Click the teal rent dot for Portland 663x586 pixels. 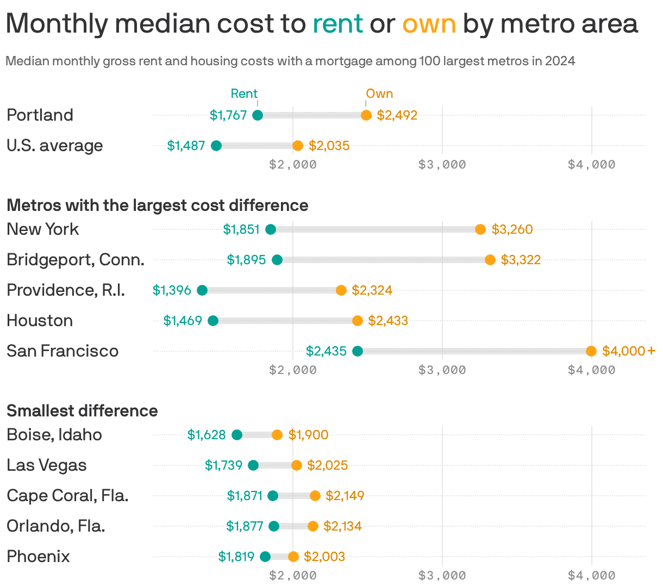click(x=258, y=115)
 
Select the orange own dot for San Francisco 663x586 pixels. click(x=591, y=351)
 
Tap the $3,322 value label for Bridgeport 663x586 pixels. click(x=521, y=260)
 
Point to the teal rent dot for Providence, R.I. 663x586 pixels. click(x=202, y=290)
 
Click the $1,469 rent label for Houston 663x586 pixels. click(x=183, y=321)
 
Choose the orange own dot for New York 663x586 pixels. click(x=480, y=229)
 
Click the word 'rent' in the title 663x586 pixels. click(x=337, y=24)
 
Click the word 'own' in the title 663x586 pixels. click(x=429, y=24)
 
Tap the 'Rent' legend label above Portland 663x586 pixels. click(x=244, y=93)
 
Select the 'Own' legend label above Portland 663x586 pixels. click(x=379, y=93)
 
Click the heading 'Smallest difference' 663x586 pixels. click(x=82, y=410)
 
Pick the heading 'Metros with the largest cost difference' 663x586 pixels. click(x=157, y=205)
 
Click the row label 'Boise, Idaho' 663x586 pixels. click(x=54, y=435)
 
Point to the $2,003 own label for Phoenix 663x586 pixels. click(x=324, y=557)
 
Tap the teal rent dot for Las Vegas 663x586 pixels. click(x=253, y=465)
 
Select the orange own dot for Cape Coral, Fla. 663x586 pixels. click(x=315, y=496)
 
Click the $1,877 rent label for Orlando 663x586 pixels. click(x=245, y=526)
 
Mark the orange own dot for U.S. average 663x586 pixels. click(x=298, y=146)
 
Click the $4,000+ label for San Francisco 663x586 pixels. click(x=629, y=351)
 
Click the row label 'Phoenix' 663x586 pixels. click(x=38, y=557)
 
